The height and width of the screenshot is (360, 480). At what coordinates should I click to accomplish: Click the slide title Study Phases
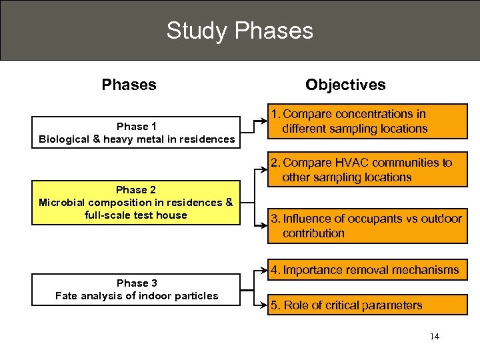click(239, 31)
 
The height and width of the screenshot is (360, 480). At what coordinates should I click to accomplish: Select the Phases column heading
click(129, 85)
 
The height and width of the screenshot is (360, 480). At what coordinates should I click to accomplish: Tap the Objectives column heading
click(345, 85)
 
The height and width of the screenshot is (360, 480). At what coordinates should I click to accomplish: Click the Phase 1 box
click(137, 133)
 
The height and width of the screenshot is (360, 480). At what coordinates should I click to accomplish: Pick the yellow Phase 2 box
click(137, 203)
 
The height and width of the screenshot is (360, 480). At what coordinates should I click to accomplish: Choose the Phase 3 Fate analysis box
click(137, 289)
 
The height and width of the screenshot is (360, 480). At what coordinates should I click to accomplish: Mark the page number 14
click(435, 337)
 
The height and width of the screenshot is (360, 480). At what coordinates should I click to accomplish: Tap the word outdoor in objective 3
click(441, 219)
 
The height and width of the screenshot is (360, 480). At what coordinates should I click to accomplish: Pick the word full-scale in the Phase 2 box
click(111, 215)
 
